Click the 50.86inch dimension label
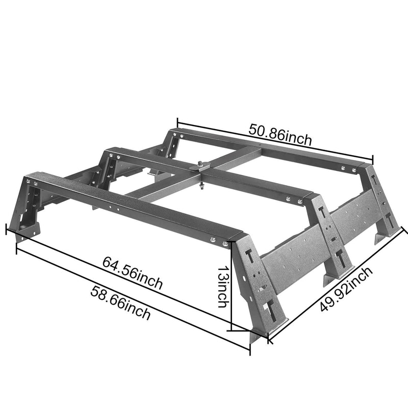tap(280, 134)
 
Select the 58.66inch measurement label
tap(120, 303)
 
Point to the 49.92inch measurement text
tap(347, 289)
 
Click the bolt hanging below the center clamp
tap(203, 186)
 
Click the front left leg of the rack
tap(25, 209)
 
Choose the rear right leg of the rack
tap(382, 204)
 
